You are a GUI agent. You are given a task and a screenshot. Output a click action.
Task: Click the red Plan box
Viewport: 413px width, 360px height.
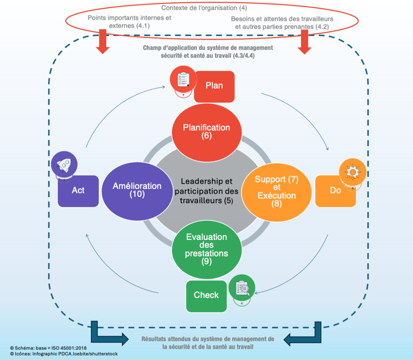pyautogui.click(x=214, y=86)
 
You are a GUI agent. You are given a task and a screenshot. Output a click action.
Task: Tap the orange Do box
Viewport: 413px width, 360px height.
pyautogui.click(x=335, y=191)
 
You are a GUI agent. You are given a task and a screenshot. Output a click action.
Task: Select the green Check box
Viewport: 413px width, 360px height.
pyautogui.click(x=206, y=296)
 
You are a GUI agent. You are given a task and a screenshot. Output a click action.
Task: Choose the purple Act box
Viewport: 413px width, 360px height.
pyautogui.click(x=78, y=191)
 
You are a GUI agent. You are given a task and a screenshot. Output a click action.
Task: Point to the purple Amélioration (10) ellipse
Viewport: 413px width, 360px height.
pyautogui.click(x=137, y=190)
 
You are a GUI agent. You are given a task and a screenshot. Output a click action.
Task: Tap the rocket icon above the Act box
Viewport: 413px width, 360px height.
pyautogui.click(x=64, y=164)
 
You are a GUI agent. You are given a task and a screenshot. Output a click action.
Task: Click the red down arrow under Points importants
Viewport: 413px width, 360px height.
pyautogui.click(x=103, y=42)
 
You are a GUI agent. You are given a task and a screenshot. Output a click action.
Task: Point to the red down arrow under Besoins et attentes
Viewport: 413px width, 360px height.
pyautogui.click(x=305, y=42)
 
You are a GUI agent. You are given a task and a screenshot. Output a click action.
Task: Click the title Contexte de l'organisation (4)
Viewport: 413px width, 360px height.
pyautogui.click(x=204, y=7)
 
